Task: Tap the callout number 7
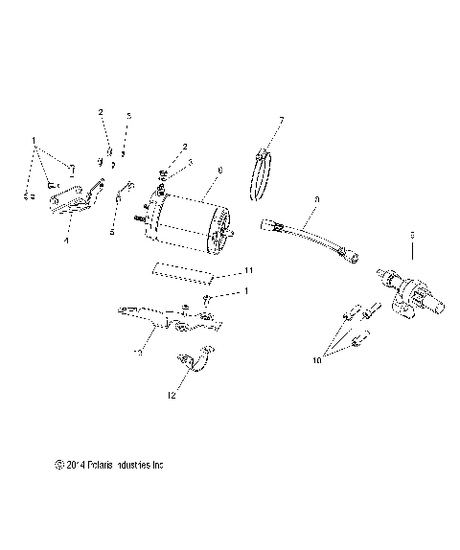pyautogui.click(x=281, y=120)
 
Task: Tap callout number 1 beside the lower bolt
pyautogui.click(x=246, y=290)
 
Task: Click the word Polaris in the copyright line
pyautogui.click(x=101, y=465)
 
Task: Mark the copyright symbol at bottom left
pyautogui.click(x=59, y=465)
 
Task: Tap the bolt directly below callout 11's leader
pyautogui.click(x=207, y=301)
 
